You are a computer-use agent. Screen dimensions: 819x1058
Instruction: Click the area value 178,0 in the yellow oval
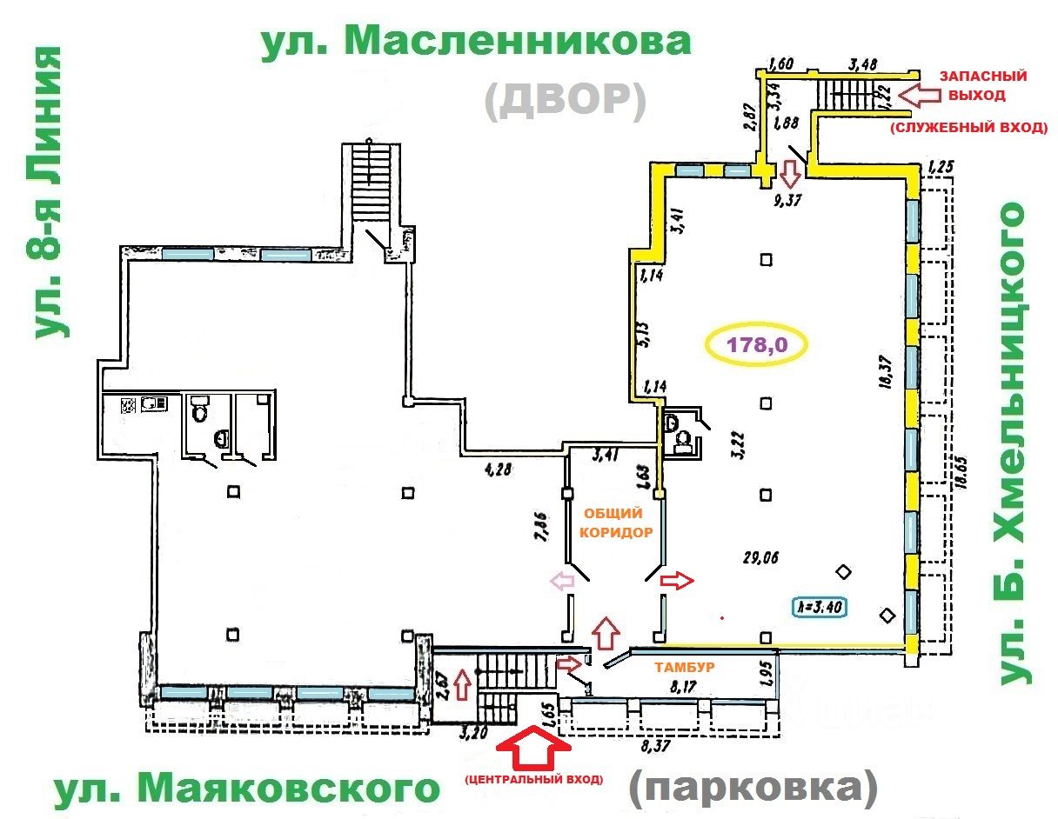(757, 344)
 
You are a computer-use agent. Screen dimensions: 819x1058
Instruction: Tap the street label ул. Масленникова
(476, 41)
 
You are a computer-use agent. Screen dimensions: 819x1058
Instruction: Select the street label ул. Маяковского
(246, 789)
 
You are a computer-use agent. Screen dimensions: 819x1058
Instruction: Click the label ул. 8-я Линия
(50, 193)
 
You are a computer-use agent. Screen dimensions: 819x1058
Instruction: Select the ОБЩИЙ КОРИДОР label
(617, 524)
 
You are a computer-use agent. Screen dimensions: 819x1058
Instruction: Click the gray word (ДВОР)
(566, 101)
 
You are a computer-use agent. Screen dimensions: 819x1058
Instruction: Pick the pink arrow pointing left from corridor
(560, 582)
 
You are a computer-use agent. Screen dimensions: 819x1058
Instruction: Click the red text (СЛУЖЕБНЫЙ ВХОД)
(967, 129)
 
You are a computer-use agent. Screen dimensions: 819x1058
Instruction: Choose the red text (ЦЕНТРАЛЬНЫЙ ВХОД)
(533, 779)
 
